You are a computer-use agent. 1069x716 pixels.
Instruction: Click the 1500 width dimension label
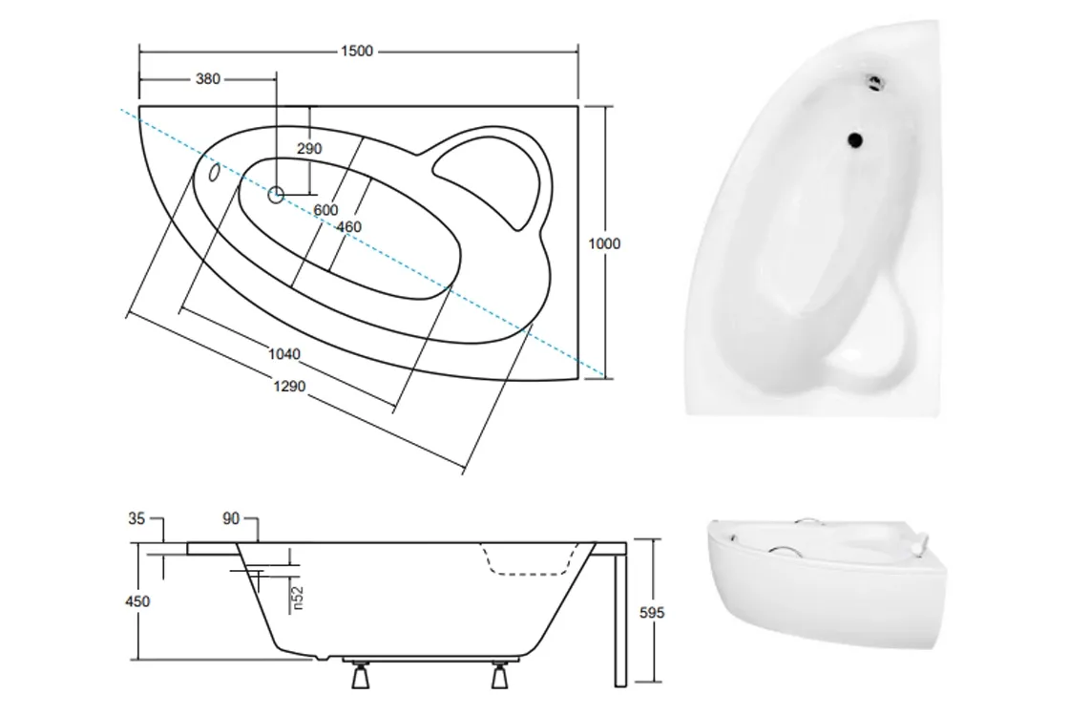click(x=357, y=52)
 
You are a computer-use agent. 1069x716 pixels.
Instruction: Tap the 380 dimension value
click(x=208, y=79)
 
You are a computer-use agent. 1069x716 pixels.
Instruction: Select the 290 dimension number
click(x=309, y=149)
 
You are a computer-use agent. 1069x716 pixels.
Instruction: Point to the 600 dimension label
click(x=325, y=210)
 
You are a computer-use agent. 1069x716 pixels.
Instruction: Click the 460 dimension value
click(x=349, y=226)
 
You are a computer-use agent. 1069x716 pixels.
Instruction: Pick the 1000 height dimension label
click(x=604, y=243)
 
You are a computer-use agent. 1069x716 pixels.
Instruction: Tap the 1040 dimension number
click(x=284, y=354)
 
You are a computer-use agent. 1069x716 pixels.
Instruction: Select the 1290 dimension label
click(x=289, y=387)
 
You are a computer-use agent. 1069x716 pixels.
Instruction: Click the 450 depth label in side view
click(x=137, y=601)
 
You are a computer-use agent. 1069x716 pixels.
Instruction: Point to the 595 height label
click(x=652, y=613)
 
